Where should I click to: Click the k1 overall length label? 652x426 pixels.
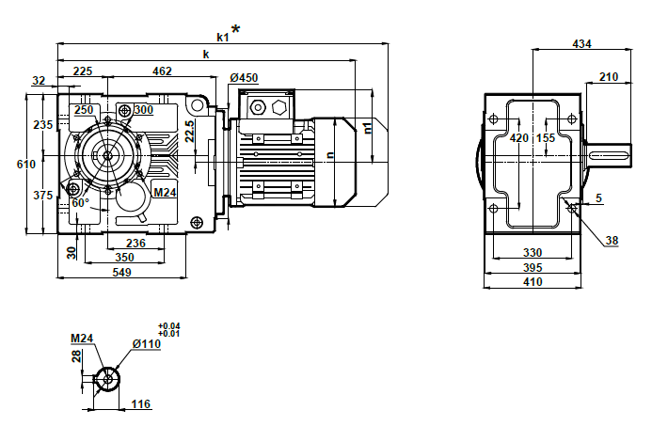coord(222,38)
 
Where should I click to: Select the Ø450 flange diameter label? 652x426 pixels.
coord(244,77)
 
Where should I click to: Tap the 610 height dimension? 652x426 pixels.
coord(27,165)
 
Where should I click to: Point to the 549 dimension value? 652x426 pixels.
coord(122,272)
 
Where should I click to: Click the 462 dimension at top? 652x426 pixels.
coord(162,71)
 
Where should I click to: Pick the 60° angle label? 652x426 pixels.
coord(80,202)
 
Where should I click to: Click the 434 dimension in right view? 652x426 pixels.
coord(582,44)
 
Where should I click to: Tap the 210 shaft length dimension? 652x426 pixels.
coord(608,77)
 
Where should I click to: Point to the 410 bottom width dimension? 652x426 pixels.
coord(533,281)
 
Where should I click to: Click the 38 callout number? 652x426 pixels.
coord(612,241)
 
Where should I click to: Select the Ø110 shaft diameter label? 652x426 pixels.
coord(147,344)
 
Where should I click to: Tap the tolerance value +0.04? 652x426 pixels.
coord(170,326)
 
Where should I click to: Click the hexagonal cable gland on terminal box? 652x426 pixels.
coord(279,107)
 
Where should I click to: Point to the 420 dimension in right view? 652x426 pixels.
coord(518,138)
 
